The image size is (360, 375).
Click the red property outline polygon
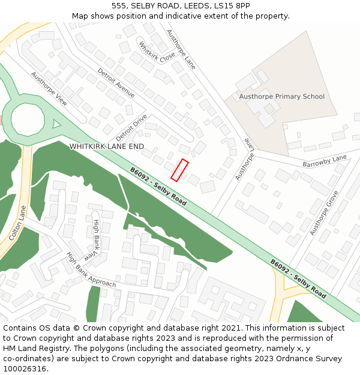tap(180, 170)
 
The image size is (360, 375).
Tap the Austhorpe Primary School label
tap(281, 97)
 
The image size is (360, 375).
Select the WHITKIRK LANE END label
tap(107, 146)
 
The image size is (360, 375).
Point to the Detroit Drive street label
tap(131, 127)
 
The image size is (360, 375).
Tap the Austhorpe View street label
tap(49, 89)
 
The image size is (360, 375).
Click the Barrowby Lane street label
tap(325, 161)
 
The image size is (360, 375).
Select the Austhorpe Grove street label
tap(325, 212)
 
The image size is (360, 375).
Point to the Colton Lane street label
tap(18, 224)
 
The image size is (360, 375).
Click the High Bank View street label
tap(95, 239)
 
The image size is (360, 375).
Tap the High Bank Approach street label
tap(91, 269)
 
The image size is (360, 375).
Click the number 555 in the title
tap(118, 5)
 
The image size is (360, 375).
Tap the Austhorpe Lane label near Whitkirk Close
tap(181, 49)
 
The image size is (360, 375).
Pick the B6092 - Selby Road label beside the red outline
tap(158, 187)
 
